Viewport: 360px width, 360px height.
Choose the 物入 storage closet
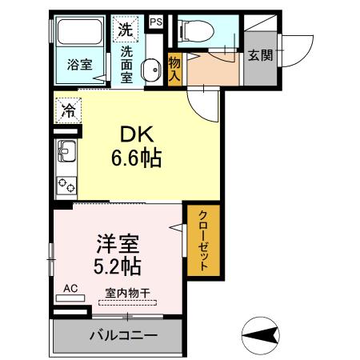click(174, 68)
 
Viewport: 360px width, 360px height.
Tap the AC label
click(70, 288)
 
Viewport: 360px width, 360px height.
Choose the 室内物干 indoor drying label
click(127, 293)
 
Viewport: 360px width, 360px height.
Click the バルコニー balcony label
click(123, 335)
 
